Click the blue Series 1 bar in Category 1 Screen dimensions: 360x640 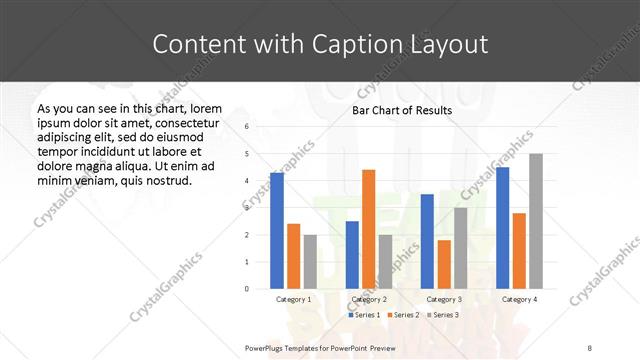click(277, 231)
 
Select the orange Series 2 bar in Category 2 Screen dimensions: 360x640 click(368, 229)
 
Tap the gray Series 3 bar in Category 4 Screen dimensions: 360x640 click(536, 221)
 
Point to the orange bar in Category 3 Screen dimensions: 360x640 click(444, 264)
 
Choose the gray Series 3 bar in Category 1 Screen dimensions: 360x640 click(310, 262)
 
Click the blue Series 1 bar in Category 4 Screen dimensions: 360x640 click(502, 228)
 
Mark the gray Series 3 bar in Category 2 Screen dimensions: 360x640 click(385, 262)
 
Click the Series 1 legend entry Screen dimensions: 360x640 click(363, 315)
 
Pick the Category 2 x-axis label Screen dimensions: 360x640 click(368, 299)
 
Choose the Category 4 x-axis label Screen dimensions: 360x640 click(519, 299)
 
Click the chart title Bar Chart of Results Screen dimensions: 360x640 click(403, 110)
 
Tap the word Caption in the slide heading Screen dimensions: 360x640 click(358, 45)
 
